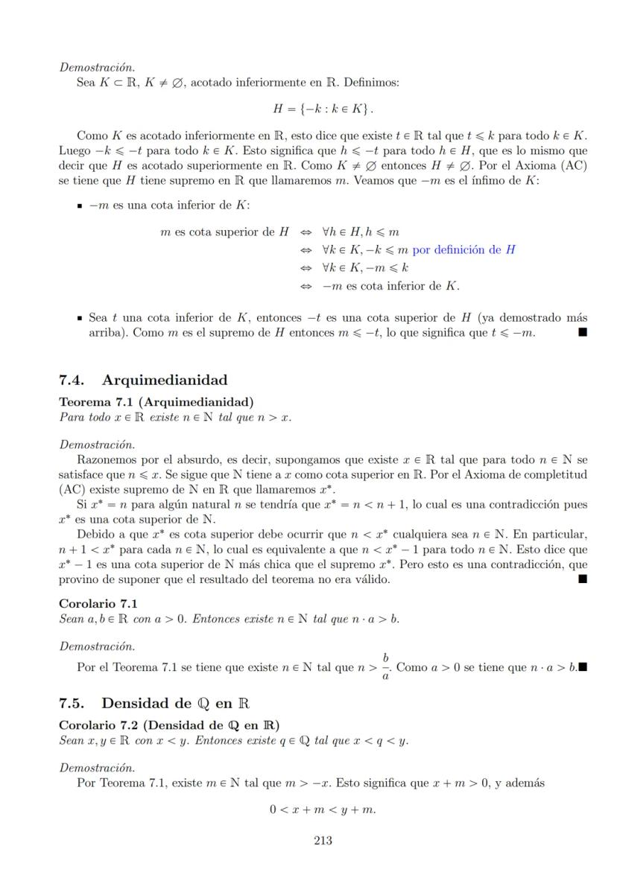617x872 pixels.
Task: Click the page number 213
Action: click(323, 841)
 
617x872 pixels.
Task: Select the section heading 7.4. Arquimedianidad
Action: click(143, 381)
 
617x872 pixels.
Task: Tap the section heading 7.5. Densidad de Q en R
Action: click(154, 703)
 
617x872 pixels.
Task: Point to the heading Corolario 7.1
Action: click(98, 603)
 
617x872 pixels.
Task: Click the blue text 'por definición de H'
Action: click(463, 250)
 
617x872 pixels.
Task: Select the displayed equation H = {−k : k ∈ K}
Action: click(323, 109)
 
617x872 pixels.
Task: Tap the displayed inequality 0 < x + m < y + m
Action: click(323, 809)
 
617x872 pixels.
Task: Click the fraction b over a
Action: click(385, 667)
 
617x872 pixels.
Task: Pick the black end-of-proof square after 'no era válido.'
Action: click(582, 579)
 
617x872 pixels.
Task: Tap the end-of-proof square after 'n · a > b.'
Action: click(583, 667)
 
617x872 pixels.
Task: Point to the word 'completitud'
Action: click(551, 475)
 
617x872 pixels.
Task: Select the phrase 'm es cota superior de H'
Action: click(224, 232)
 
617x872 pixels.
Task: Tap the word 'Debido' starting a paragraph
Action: click(95, 535)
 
